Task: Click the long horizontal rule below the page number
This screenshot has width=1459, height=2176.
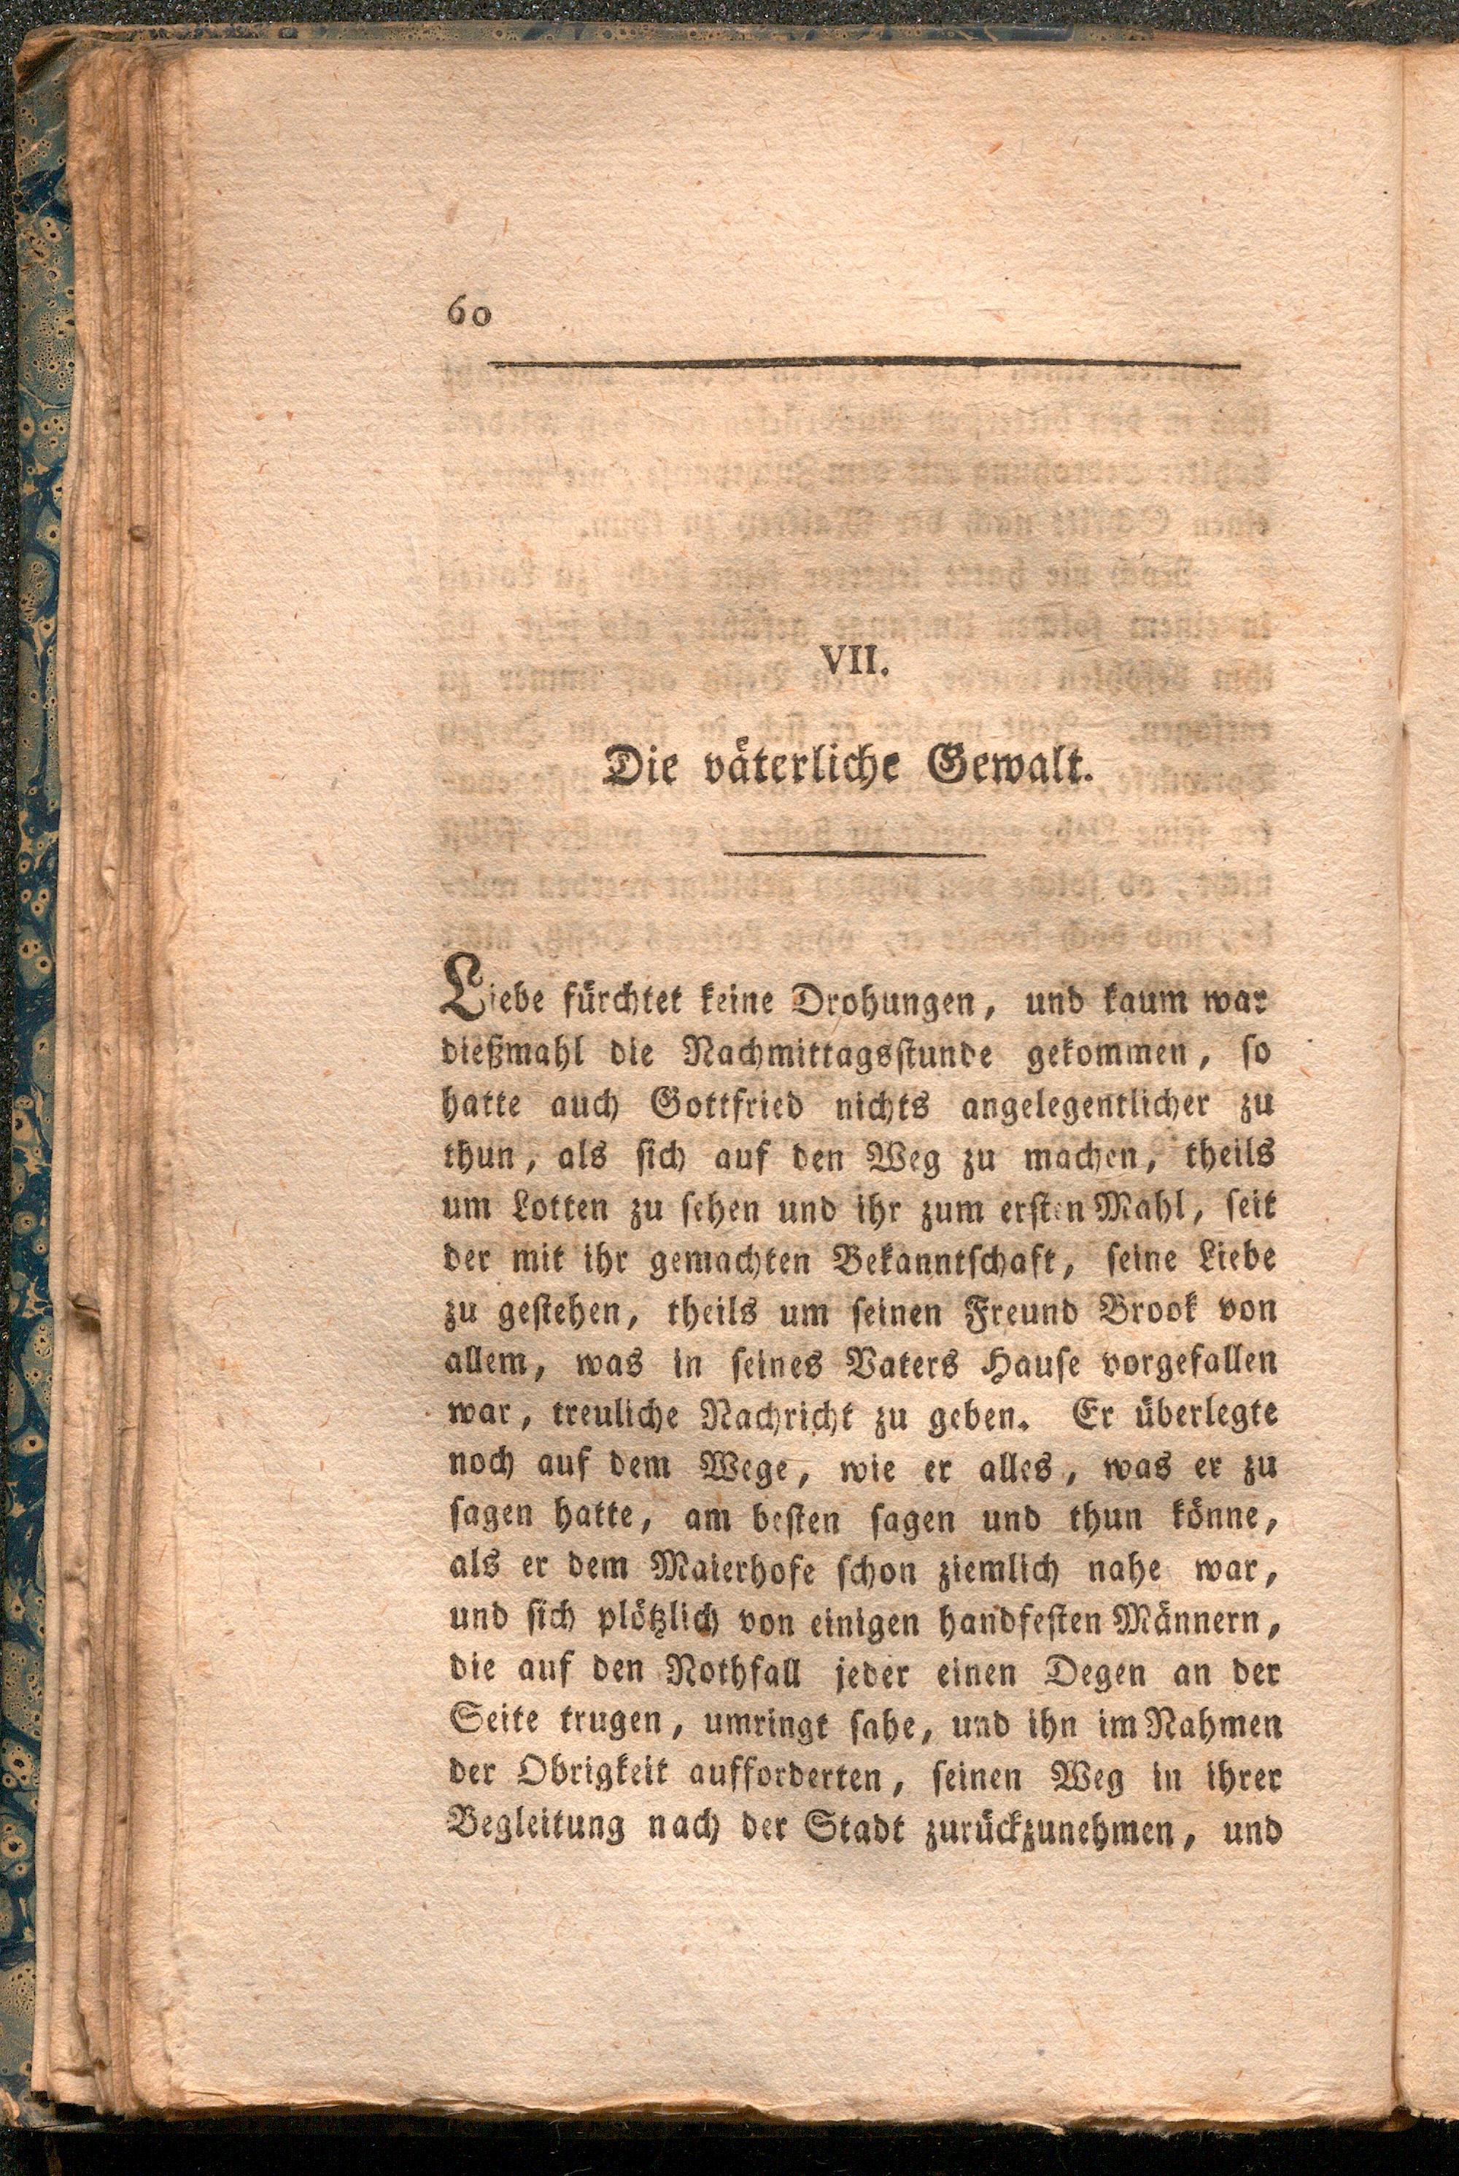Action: point(865,364)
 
